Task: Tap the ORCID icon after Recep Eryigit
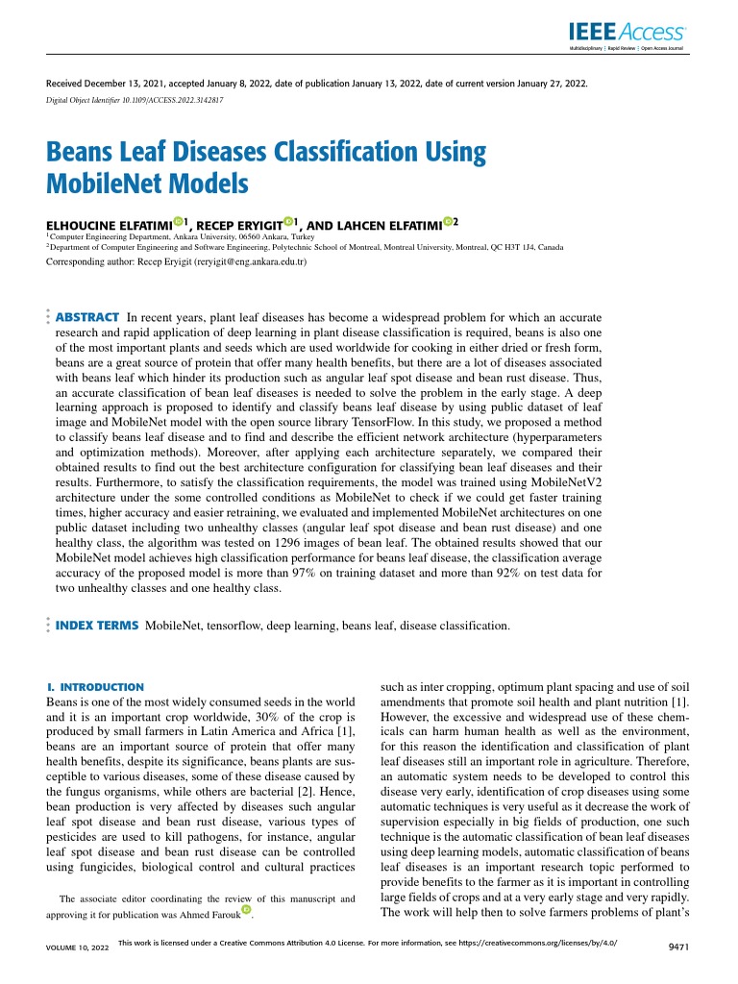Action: pos(288,222)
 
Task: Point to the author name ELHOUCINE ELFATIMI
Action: pos(109,225)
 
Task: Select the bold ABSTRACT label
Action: pos(87,316)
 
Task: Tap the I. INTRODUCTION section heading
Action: pos(95,687)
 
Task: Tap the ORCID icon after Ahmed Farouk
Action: pos(247,909)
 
